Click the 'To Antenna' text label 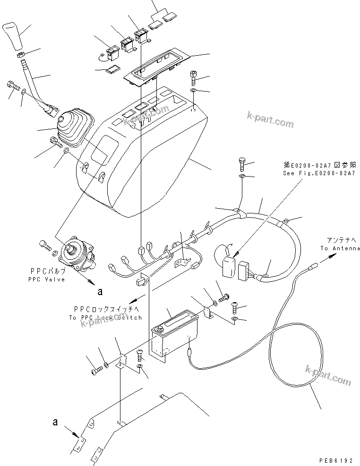pyautogui.click(x=340, y=248)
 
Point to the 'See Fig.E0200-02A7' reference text pyautogui.click(x=319, y=173)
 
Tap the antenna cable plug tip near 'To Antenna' pyautogui.click(x=312, y=267)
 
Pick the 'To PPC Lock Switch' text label pyautogui.click(x=105, y=318)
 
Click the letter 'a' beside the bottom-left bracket pyautogui.click(x=55, y=422)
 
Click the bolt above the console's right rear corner pyautogui.click(x=194, y=76)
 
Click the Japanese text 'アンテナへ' pyautogui.click(x=340, y=239)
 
